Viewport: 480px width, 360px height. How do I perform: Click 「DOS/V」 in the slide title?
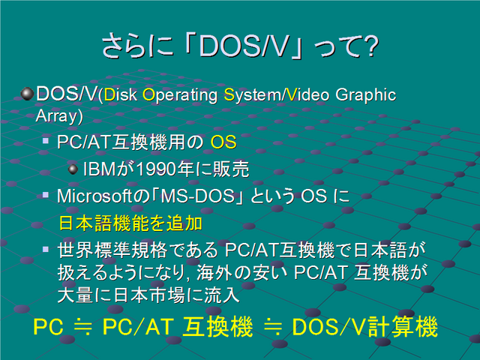[x=243, y=46]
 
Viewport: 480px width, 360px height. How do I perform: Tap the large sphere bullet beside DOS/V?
[x=27, y=94]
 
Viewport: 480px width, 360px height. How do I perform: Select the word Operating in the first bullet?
[x=180, y=95]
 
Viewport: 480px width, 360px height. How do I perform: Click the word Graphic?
[x=366, y=95]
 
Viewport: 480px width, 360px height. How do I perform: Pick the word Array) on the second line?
[x=59, y=117]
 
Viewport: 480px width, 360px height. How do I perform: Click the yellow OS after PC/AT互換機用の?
[x=223, y=142]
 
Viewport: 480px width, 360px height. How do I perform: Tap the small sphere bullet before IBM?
[x=73, y=169]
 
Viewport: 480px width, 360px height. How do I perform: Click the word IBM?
[x=99, y=169]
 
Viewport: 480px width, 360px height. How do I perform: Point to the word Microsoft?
[x=94, y=196]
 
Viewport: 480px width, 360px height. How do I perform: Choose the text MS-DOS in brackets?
[x=197, y=196]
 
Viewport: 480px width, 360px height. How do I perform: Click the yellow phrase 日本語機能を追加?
[x=130, y=223]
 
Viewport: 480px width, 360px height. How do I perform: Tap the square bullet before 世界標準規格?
[x=46, y=249]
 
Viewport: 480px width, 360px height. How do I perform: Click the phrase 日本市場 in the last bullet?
[x=149, y=295]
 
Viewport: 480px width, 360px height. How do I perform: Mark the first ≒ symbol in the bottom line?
[x=82, y=327]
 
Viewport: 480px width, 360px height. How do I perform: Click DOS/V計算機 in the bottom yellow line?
[x=365, y=327]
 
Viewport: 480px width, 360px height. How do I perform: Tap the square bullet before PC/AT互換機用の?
[x=46, y=141]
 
